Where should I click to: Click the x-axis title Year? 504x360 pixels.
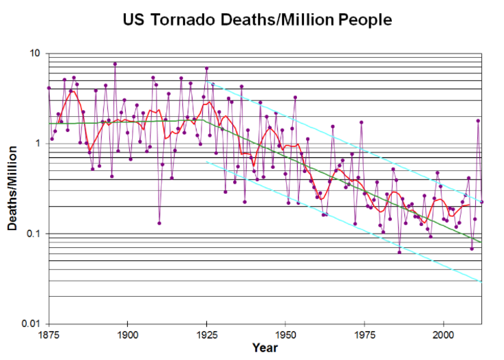pos(265,348)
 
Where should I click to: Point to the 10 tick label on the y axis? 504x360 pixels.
pos(35,54)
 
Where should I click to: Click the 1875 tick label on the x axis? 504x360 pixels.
pos(48,335)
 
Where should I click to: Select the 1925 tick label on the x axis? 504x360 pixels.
pos(206,335)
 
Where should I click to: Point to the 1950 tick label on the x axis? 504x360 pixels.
pos(285,335)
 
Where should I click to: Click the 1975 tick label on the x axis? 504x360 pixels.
pos(364,335)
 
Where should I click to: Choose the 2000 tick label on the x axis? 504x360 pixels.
pos(443,335)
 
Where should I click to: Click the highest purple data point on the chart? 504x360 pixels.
pos(115,64)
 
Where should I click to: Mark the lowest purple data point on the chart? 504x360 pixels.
pos(399,252)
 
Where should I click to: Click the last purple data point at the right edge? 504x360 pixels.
pos(481,202)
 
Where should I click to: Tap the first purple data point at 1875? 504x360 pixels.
pos(49,88)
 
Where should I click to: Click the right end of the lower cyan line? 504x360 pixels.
pos(481,282)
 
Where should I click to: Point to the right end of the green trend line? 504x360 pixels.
pos(481,243)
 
